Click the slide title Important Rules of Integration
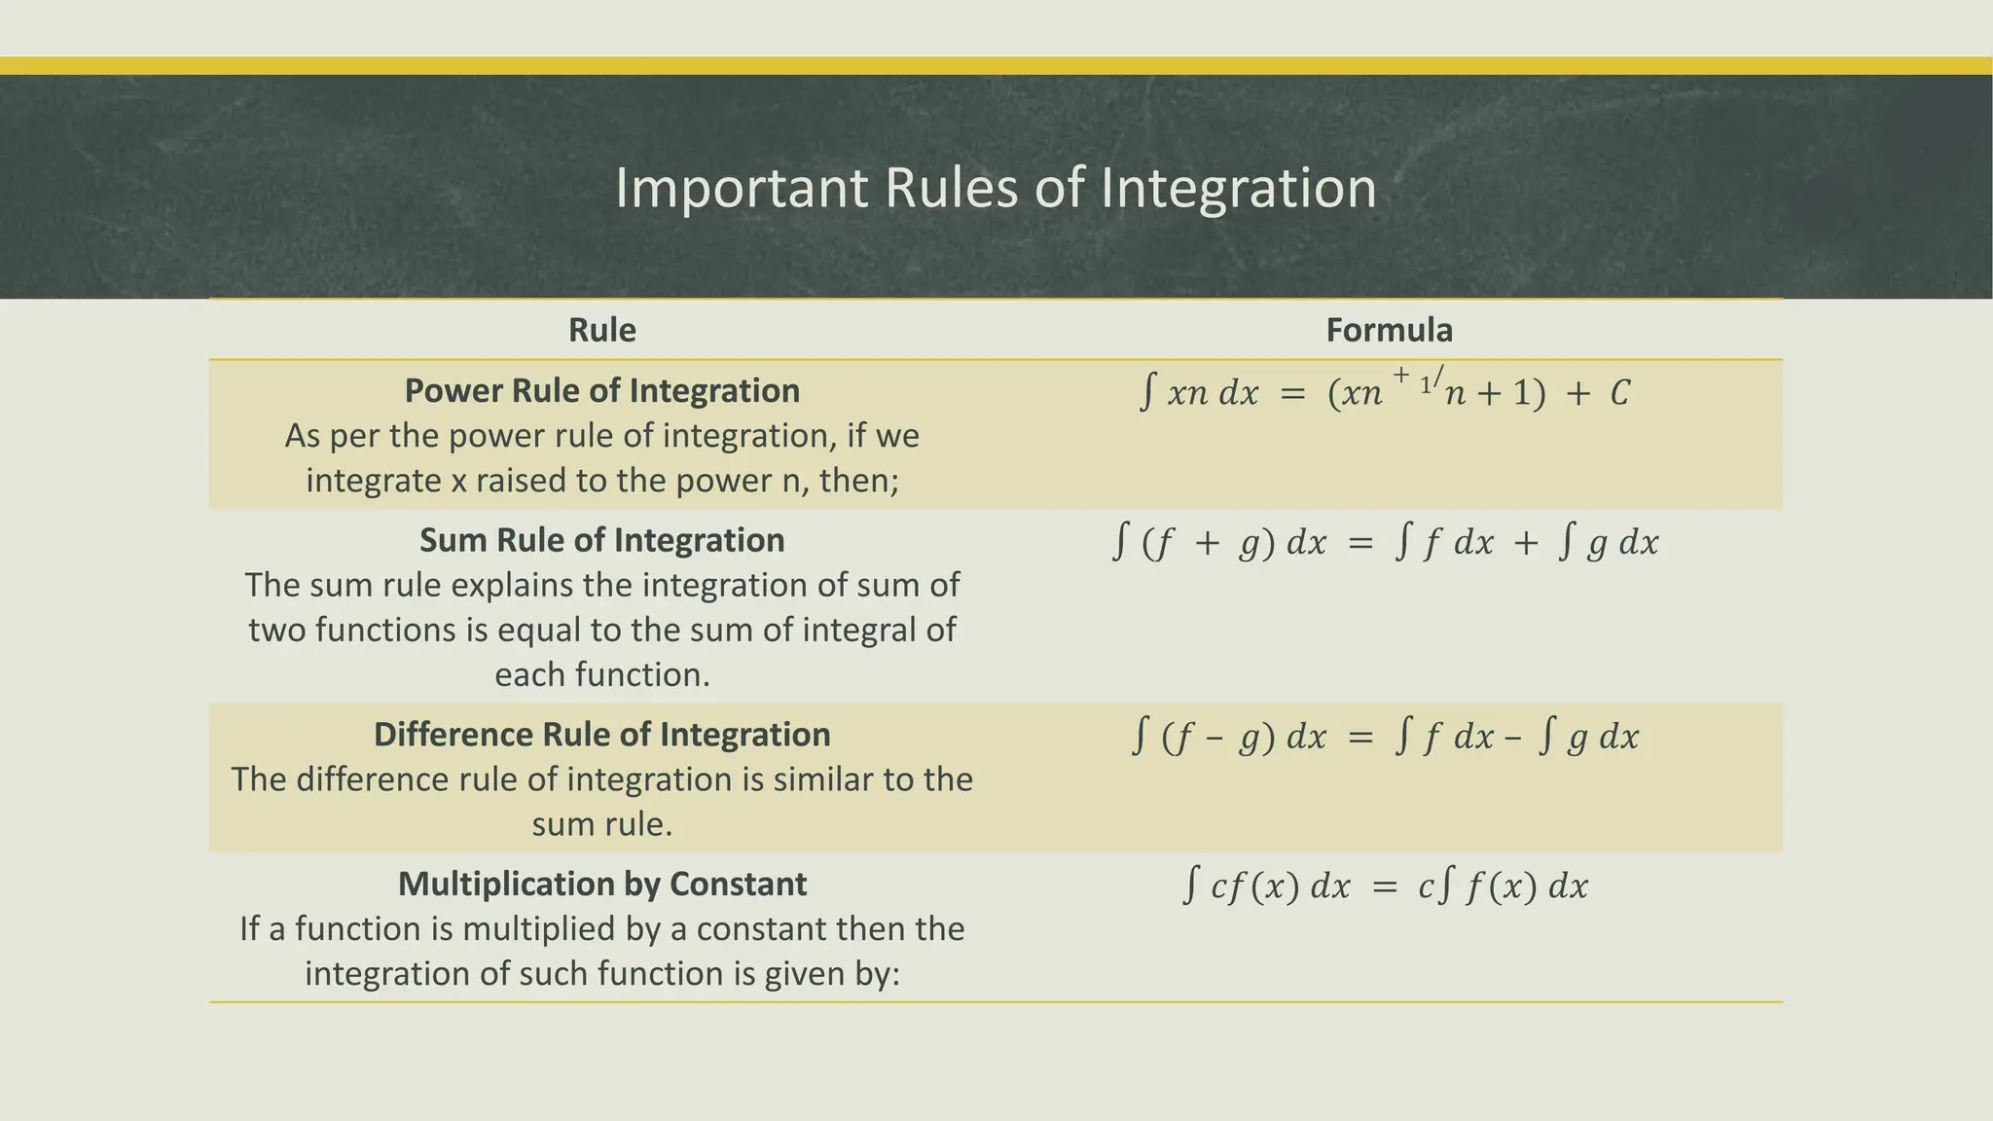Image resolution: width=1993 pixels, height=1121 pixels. pos(996,188)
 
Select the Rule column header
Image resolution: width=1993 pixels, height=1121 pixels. pos(602,330)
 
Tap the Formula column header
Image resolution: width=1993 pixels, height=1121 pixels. pos(1389,330)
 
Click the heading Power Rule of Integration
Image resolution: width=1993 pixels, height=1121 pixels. pos(602,390)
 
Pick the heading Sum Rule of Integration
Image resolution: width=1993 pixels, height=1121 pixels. pos(602,540)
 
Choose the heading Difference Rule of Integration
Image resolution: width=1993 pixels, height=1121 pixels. pos(602,735)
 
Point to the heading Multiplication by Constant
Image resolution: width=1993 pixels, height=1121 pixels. pos(602,884)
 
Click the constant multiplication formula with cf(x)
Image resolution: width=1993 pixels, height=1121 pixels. pos(1386,886)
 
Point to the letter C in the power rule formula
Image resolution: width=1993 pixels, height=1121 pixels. pos(1619,394)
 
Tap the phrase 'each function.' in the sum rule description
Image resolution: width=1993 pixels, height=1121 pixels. pos(602,674)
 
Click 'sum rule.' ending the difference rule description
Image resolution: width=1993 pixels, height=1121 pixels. pos(602,824)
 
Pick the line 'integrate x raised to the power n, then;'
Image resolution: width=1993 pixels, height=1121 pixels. pos(602,481)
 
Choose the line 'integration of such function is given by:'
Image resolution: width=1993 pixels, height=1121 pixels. pos(602,973)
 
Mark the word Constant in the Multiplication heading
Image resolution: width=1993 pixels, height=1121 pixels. pos(738,884)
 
